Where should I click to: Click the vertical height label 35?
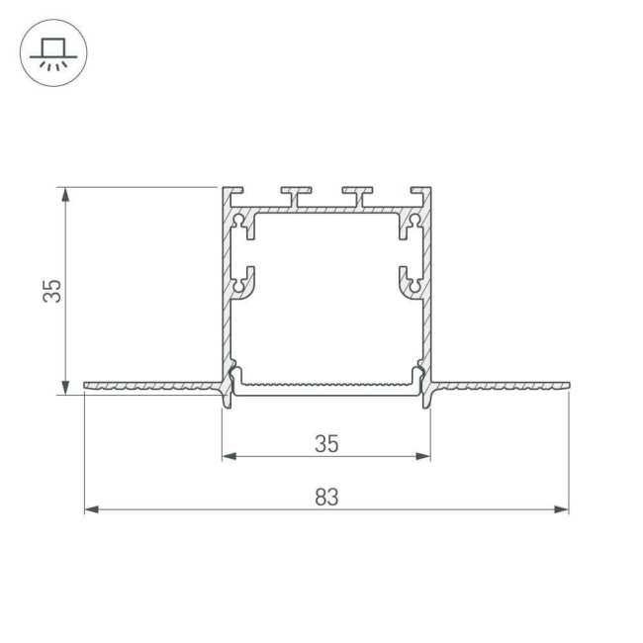[54, 291]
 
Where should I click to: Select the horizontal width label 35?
[326, 444]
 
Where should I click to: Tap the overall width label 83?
[326, 498]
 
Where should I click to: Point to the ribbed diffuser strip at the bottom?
[326, 382]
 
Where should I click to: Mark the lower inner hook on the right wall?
[410, 282]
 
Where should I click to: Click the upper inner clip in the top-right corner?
[410, 227]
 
